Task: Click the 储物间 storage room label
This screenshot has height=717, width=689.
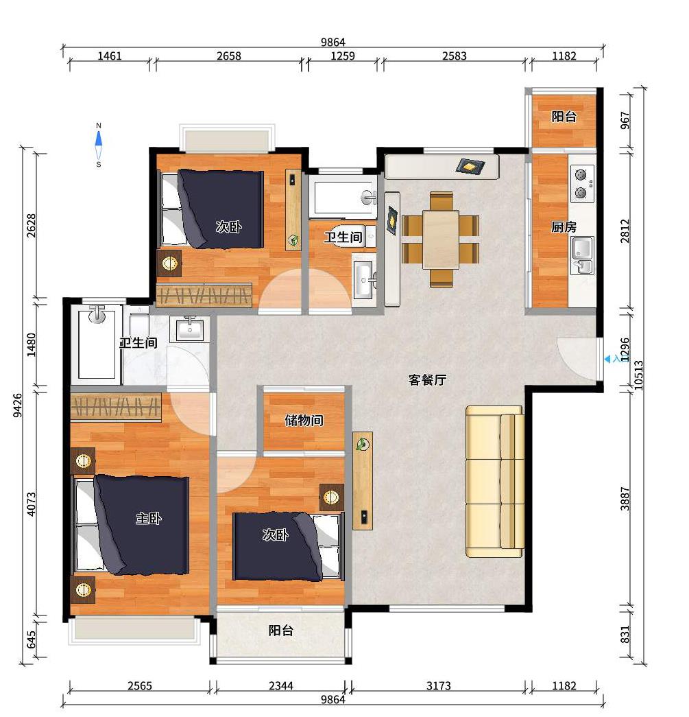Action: click(304, 420)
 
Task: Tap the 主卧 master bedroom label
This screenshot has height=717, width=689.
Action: click(149, 518)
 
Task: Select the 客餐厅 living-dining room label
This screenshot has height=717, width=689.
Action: click(427, 379)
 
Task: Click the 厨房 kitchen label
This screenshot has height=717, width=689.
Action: click(564, 226)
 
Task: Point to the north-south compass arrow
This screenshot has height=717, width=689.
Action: click(98, 145)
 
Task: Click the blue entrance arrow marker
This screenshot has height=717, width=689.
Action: click(607, 360)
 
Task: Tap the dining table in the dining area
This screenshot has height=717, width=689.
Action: click(441, 239)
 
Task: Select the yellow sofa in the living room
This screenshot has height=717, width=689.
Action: click(495, 482)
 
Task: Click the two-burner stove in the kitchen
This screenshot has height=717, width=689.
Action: click(583, 184)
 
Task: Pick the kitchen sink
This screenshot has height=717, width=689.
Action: click(583, 255)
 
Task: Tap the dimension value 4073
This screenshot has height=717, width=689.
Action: click(31, 504)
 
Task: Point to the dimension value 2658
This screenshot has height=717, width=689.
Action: click(229, 56)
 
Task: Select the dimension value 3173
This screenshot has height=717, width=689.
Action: click(439, 685)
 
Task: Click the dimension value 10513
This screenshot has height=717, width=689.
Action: click(639, 375)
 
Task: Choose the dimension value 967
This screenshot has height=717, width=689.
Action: click(625, 120)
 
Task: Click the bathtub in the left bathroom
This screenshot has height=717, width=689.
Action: click(97, 344)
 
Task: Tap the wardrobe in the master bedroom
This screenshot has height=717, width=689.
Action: click(116, 407)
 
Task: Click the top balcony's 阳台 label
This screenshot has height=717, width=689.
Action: click(564, 116)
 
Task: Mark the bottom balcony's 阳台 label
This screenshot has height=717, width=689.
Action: click(280, 631)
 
